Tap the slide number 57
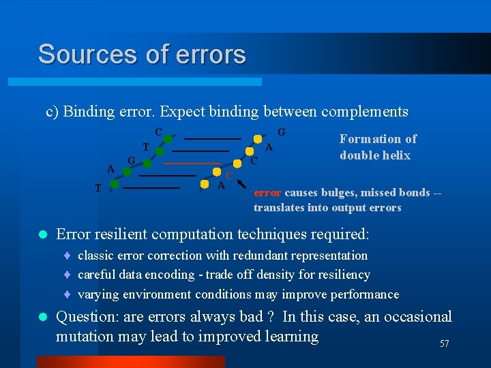[444, 344]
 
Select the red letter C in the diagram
[230, 176]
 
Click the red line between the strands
[191, 164]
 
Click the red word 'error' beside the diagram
[267, 193]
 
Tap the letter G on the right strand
[281, 131]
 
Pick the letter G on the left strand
[132, 159]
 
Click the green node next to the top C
[167, 139]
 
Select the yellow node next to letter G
[258, 139]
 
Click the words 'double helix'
[375, 155]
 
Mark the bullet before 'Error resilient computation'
[43, 234]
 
